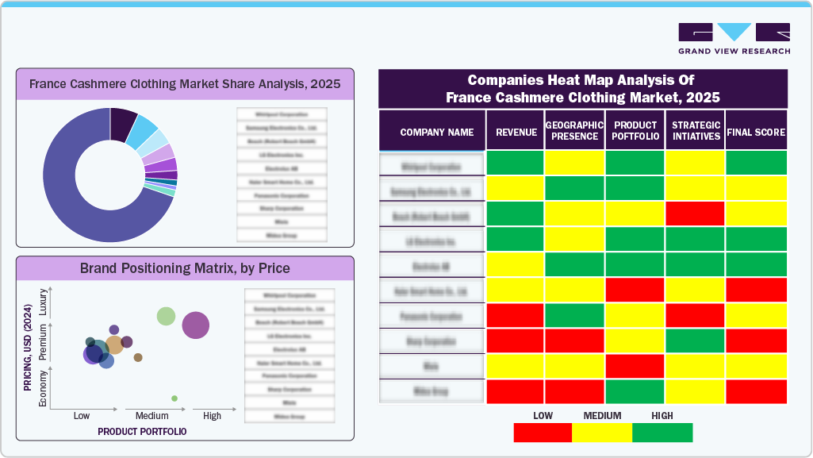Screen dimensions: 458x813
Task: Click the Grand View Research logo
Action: (734, 39)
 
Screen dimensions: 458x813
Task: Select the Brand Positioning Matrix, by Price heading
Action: (185, 268)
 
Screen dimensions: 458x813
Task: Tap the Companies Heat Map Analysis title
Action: (582, 89)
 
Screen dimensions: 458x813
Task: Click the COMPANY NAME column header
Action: (436, 133)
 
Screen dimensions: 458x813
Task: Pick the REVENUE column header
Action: (516, 133)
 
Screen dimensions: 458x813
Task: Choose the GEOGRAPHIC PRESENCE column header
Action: (574, 131)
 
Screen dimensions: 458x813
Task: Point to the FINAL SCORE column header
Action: (755, 133)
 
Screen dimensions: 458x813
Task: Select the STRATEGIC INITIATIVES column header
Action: (695, 131)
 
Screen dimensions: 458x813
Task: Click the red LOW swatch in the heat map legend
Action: (543, 433)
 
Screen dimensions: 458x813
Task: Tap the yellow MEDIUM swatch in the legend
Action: (602, 433)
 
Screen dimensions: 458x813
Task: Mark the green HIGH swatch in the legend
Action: (662, 433)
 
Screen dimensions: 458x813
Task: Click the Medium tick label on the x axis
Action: (151, 416)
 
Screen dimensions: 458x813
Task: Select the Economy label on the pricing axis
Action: (44, 389)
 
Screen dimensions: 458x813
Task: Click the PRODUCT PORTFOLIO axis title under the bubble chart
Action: (142, 432)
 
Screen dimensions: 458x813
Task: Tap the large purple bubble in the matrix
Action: (195, 325)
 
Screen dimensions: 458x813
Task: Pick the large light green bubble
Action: (166, 316)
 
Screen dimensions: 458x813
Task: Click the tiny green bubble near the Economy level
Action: (174, 398)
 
